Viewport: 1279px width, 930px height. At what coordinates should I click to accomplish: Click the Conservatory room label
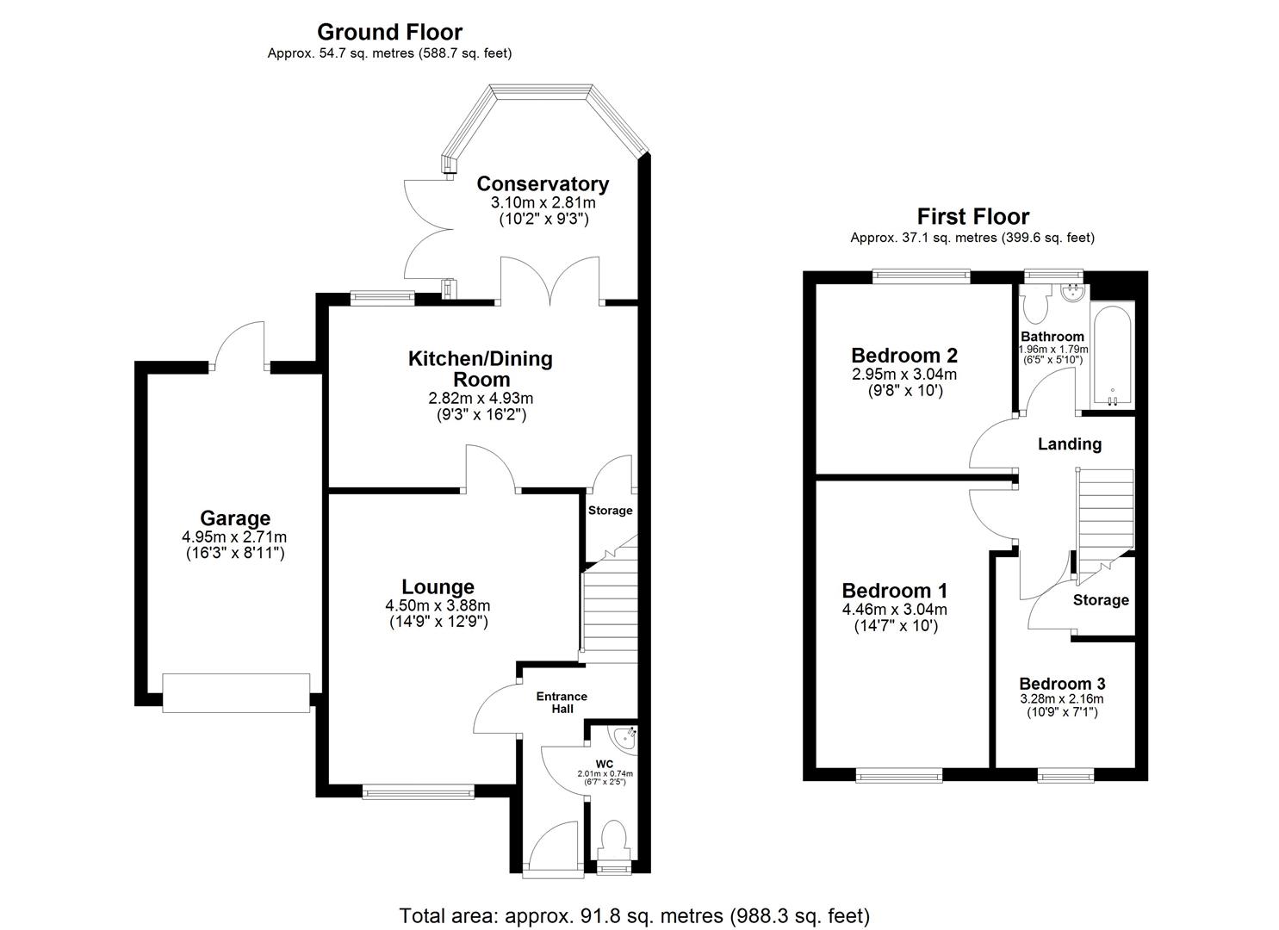pos(543,183)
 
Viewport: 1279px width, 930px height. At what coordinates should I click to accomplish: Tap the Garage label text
pos(235,518)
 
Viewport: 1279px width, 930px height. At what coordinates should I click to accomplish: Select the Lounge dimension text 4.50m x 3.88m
pos(438,605)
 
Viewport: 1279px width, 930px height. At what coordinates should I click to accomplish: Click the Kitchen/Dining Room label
pos(480,369)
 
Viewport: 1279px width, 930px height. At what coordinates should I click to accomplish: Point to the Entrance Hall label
pos(562,703)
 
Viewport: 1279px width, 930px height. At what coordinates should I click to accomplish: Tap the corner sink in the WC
pos(623,737)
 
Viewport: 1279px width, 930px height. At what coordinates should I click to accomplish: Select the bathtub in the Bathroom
pos(1112,356)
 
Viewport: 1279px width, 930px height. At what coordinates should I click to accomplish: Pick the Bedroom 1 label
pos(894,591)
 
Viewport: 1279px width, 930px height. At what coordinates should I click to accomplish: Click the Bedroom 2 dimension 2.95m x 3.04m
pos(903,375)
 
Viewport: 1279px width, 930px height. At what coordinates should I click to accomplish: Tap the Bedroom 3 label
pos(1061,684)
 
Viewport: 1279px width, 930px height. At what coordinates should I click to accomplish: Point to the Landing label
pos(1069,444)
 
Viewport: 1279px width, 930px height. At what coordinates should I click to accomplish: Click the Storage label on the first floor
pos(1101,600)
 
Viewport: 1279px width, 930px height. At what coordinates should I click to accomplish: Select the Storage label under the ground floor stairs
pos(610,511)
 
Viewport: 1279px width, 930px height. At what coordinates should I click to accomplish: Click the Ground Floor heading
pos(389,32)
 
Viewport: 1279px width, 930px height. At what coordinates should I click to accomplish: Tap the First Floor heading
pos(972,216)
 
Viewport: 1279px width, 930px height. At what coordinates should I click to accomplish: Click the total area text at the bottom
pos(634,915)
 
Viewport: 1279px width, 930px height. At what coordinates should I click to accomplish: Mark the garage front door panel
pos(236,693)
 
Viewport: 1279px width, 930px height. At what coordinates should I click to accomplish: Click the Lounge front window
pos(418,790)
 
